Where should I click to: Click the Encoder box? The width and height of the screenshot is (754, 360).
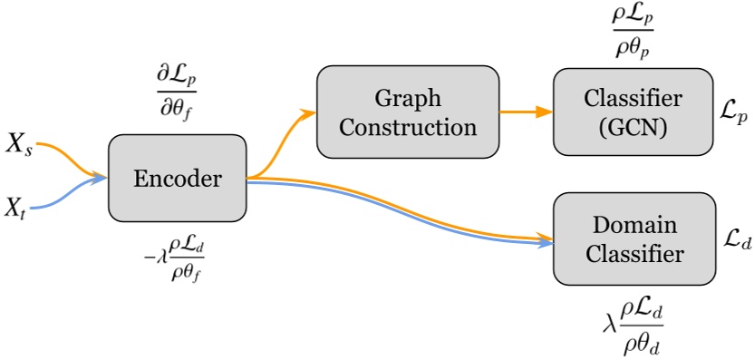178,180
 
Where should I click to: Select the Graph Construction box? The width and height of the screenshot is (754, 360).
407,112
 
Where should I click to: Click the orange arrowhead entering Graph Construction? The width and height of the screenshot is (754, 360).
310,113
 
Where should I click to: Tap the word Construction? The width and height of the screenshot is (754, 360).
407,126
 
